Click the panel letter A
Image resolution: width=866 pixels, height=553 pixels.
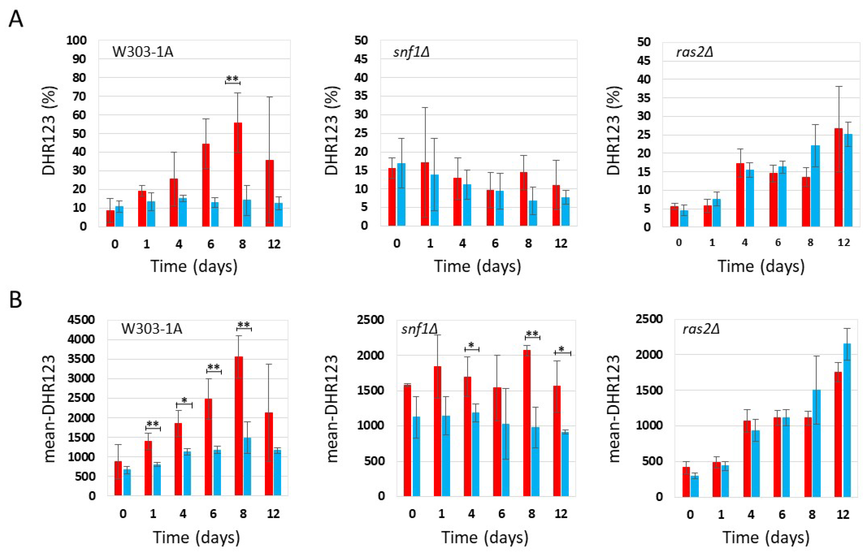(16, 19)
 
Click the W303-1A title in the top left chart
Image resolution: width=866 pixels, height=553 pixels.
(143, 52)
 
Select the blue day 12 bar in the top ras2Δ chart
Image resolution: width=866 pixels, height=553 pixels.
(848, 180)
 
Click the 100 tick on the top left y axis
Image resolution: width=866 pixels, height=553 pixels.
(76, 40)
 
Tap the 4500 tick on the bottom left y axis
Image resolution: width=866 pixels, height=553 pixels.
(81, 320)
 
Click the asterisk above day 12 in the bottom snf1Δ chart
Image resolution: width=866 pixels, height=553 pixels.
(561, 349)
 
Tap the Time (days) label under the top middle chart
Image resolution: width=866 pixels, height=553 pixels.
(478, 266)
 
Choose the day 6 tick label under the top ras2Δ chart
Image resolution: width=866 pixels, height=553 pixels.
(778, 243)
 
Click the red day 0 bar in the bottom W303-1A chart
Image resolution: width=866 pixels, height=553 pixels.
(118, 478)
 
